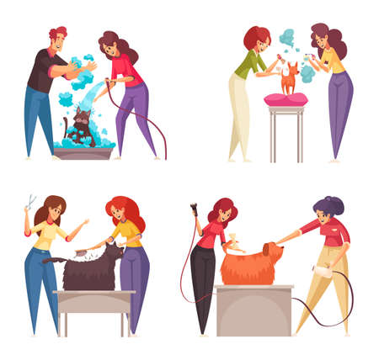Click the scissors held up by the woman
(31, 203)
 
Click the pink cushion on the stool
(286, 99)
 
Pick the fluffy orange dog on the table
(252, 265)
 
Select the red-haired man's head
(59, 39)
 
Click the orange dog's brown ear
(269, 252)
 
